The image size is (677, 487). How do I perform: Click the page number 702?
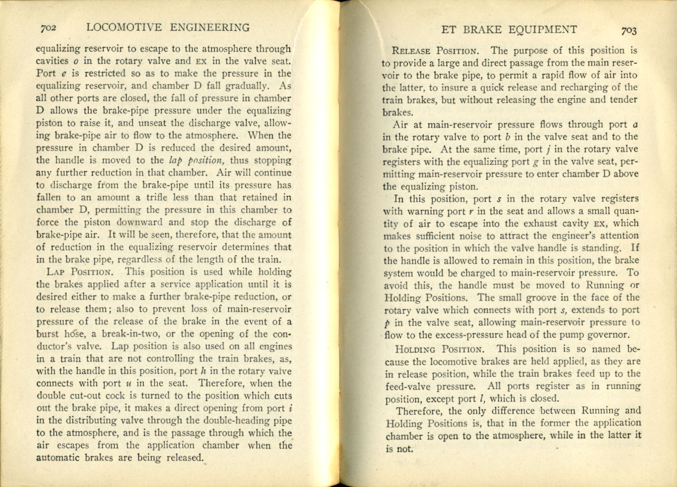49,28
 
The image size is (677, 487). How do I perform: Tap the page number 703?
629,31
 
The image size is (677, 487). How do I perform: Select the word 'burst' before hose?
47,334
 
